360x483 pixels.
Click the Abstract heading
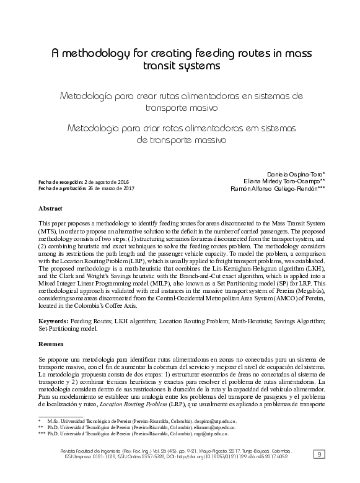[50, 209]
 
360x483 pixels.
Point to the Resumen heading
[51, 342]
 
